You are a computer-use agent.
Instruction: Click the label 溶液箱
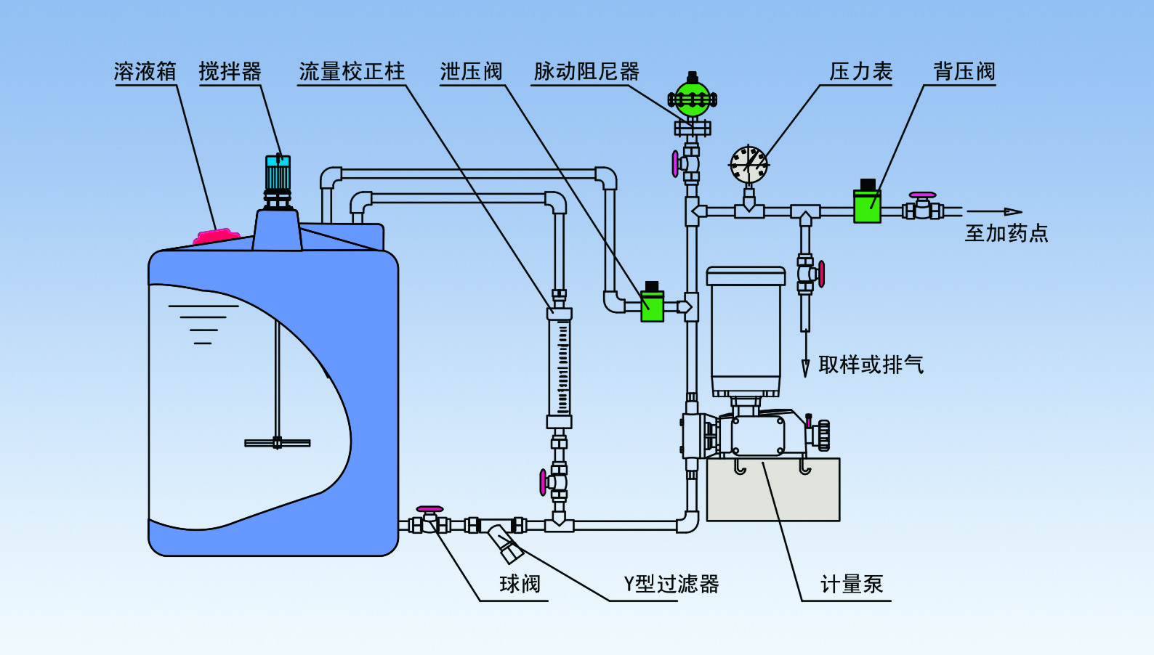(145, 71)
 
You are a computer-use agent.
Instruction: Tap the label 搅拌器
(230, 71)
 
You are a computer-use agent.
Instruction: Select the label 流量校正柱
(352, 71)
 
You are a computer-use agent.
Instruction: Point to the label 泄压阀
(471, 71)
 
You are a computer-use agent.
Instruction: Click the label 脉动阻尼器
(586, 71)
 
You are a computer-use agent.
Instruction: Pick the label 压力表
(860, 71)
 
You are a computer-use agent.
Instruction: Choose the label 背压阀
(964, 71)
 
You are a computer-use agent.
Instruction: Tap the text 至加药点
(1006, 233)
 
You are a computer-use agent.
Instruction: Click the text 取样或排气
(871, 365)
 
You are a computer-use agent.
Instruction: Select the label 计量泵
(852, 584)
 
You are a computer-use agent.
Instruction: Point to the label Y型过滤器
(671, 584)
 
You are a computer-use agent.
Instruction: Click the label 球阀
(520, 584)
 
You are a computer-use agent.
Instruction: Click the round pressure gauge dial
(749, 165)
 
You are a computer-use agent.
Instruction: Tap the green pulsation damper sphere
(692, 99)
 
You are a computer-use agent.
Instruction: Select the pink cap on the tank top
(217, 236)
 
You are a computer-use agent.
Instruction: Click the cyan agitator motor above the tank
(278, 172)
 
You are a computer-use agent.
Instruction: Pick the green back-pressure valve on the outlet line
(867, 206)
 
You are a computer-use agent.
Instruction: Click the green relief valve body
(652, 306)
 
